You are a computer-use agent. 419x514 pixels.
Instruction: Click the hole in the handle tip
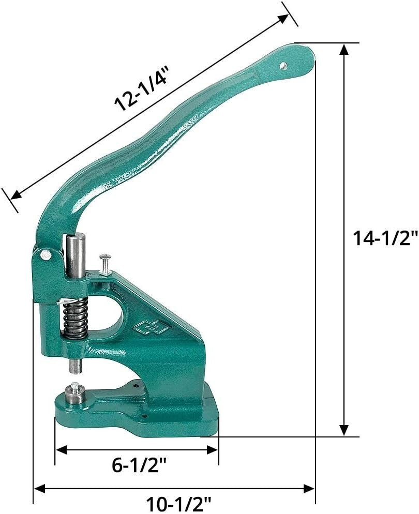click(x=283, y=66)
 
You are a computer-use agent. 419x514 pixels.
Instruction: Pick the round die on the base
click(x=76, y=397)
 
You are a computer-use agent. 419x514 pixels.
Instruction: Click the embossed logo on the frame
click(x=147, y=327)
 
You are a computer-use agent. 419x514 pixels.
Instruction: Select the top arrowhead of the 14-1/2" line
click(x=344, y=49)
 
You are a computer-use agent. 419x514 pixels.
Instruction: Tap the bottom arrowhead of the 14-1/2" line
click(x=344, y=430)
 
